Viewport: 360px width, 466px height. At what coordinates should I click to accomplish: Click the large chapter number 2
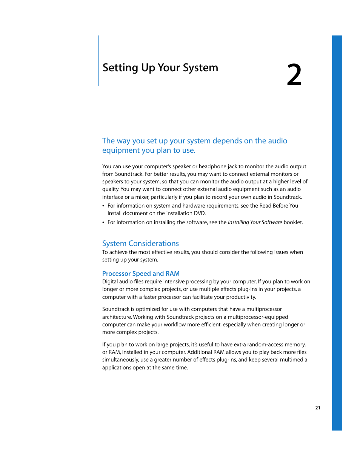pyautogui.click(x=294, y=75)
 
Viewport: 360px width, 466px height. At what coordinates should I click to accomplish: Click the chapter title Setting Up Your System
pyautogui.click(x=160, y=68)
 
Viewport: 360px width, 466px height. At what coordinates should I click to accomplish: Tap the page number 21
pyautogui.click(x=318, y=408)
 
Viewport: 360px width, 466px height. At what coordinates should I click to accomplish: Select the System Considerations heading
pyautogui.click(x=140, y=243)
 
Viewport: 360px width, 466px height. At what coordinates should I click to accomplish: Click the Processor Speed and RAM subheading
pyautogui.click(x=141, y=274)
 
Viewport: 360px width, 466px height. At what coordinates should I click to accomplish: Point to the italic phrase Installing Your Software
pyautogui.click(x=255, y=222)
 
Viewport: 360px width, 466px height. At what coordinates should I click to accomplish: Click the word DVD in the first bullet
pyautogui.click(x=199, y=213)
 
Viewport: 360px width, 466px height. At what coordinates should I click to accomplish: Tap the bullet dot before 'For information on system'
pyautogui.click(x=103, y=206)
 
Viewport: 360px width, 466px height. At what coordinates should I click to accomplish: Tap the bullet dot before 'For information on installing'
pyautogui.click(x=103, y=223)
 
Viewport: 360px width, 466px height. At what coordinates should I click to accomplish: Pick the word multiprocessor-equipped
pyautogui.click(x=258, y=317)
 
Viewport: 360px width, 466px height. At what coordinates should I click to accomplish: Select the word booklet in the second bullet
pyautogui.click(x=292, y=222)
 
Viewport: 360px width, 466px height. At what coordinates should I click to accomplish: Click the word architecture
pyautogui.click(x=117, y=317)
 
